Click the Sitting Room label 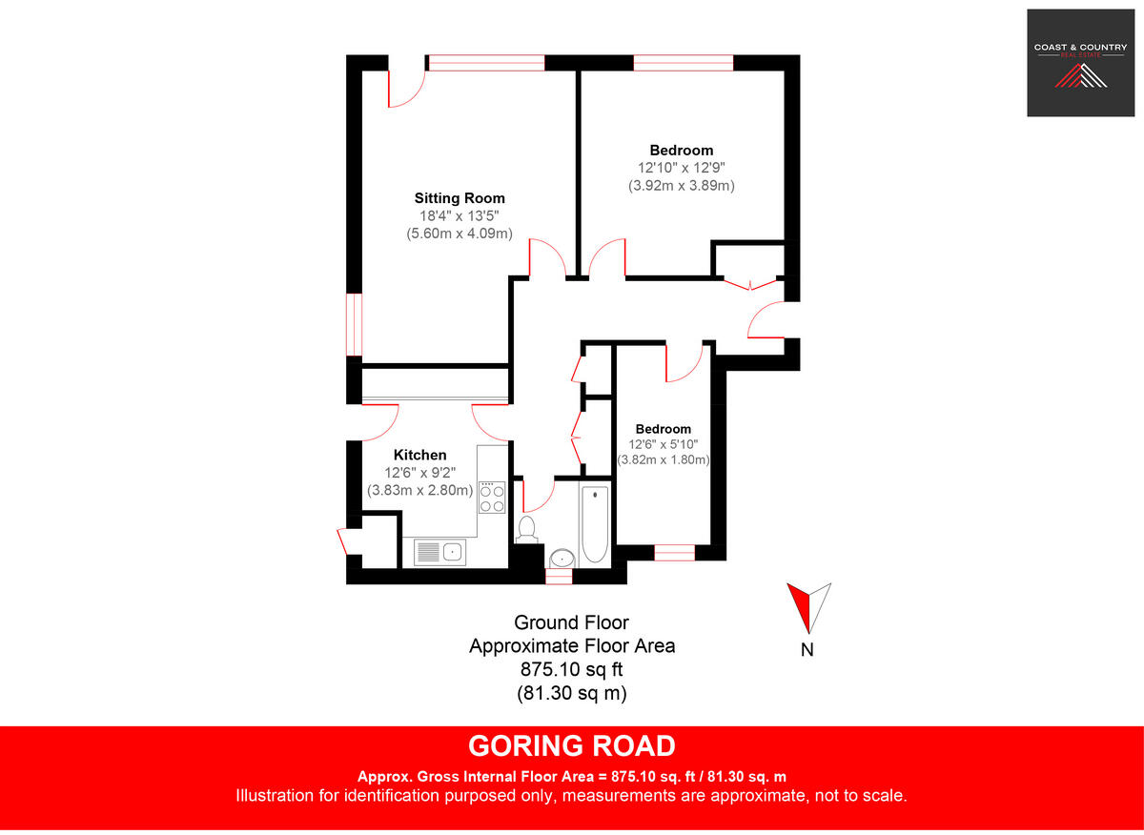pyautogui.click(x=460, y=198)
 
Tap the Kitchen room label pyautogui.click(x=419, y=456)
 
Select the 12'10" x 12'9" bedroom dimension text pyautogui.click(x=681, y=168)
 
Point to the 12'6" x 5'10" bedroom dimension pyautogui.click(x=664, y=444)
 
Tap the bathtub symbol pyautogui.click(x=595, y=523)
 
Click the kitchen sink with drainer pyautogui.click(x=439, y=551)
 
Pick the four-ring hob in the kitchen pyautogui.click(x=492, y=498)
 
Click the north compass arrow pyautogui.click(x=808, y=606)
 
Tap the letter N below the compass pyautogui.click(x=807, y=651)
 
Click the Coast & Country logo pyautogui.click(x=1080, y=63)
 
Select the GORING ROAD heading pyautogui.click(x=572, y=745)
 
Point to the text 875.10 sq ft pyautogui.click(x=572, y=669)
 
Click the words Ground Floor pyautogui.click(x=572, y=622)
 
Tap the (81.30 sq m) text pyautogui.click(x=572, y=693)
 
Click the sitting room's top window pyautogui.click(x=486, y=63)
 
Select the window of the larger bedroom pyautogui.click(x=684, y=63)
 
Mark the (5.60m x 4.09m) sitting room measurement pyautogui.click(x=460, y=233)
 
